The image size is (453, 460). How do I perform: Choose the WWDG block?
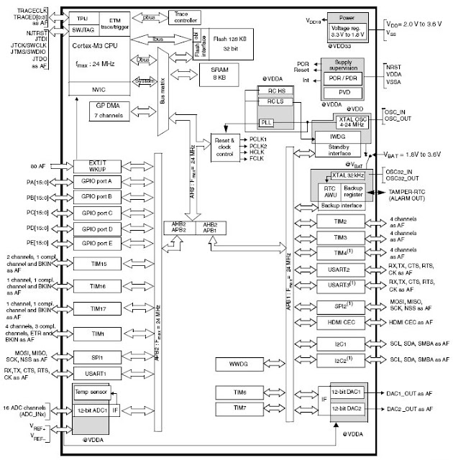click(239, 364)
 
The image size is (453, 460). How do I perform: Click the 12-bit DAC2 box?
click(347, 408)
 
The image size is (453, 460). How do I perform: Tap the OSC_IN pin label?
click(398, 113)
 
